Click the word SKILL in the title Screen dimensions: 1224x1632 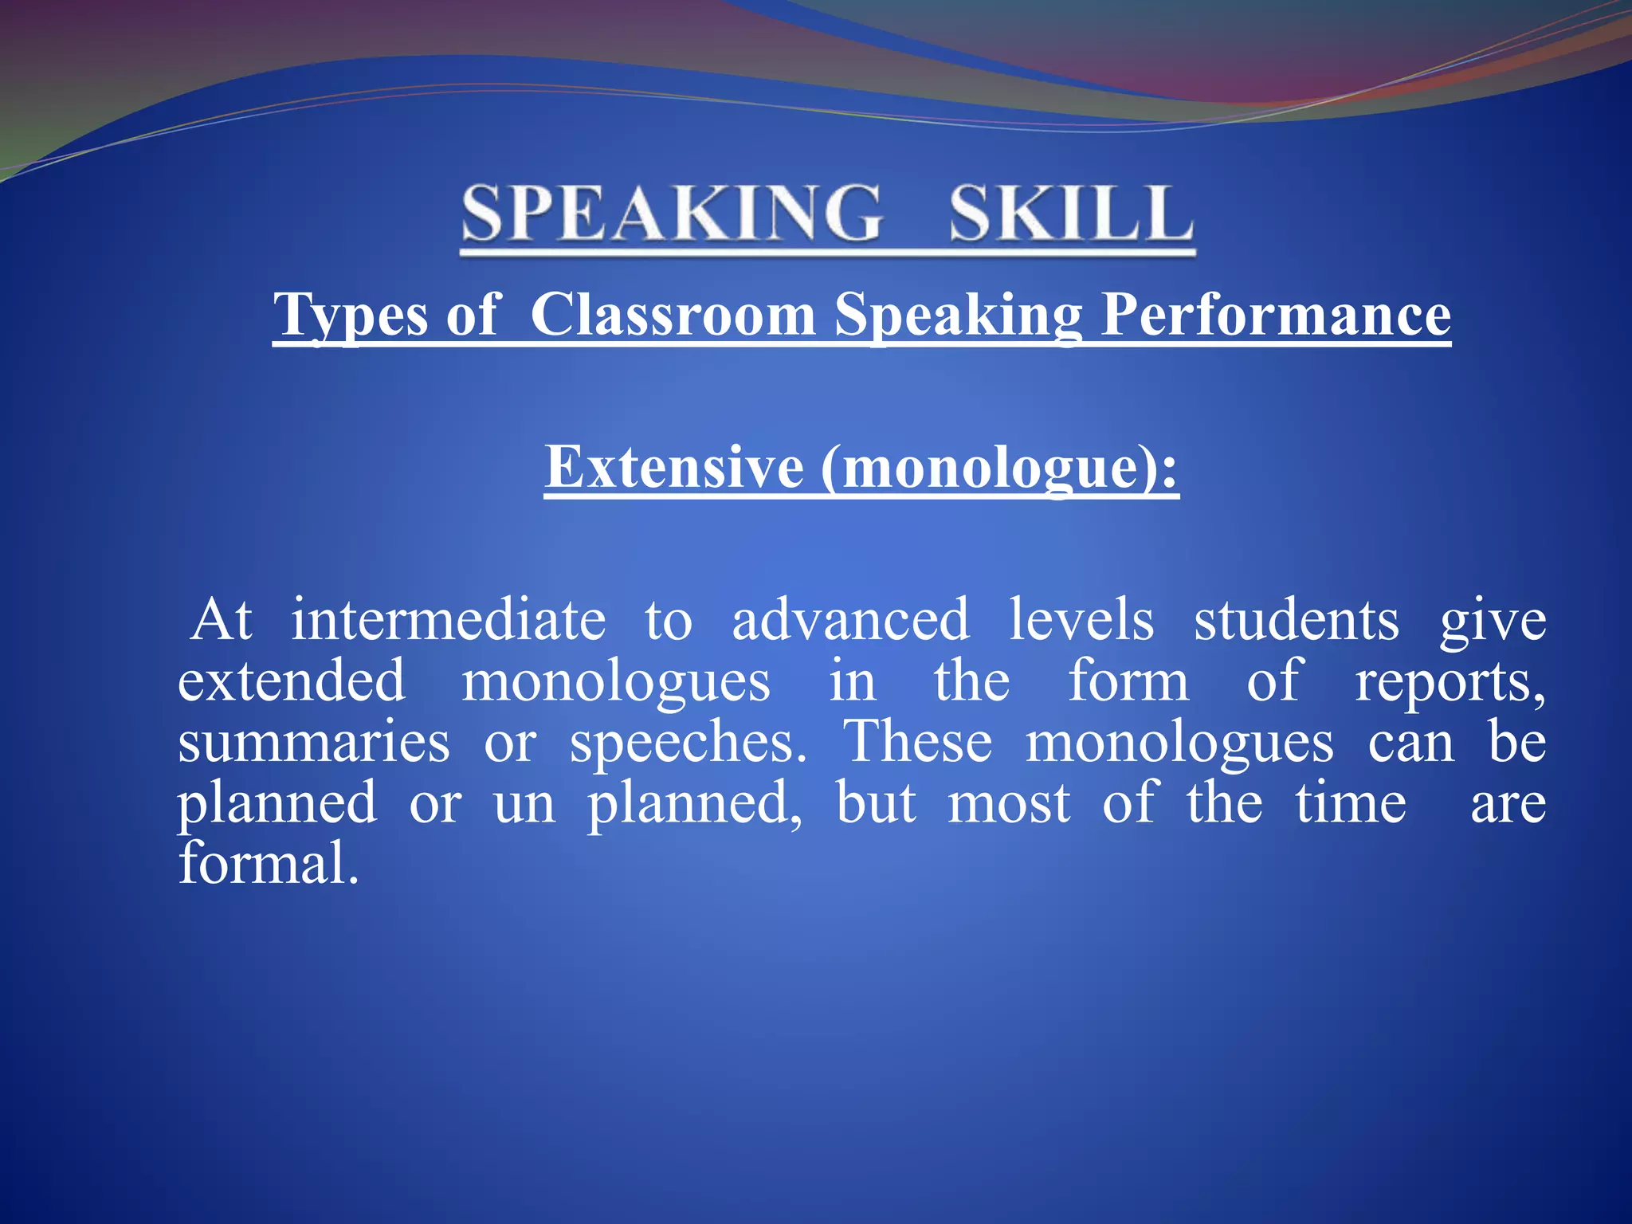pos(1071,213)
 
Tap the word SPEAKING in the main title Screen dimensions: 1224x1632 pos(672,213)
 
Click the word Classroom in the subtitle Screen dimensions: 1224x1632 pos(673,315)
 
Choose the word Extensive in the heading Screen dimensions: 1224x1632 pos(674,466)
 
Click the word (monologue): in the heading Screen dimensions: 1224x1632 pos(999,468)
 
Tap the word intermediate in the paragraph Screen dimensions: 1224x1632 pos(448,620)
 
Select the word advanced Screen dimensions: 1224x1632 pos(850,620)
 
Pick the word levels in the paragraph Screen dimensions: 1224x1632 pos(1081,620)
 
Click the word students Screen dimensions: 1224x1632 pos(1297,620)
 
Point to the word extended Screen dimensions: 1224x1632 pos(292,681)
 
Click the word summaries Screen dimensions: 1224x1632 pos(314,743)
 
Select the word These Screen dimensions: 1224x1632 pos(918,742)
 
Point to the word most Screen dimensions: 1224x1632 pos(1009,803)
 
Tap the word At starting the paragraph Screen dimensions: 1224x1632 pos(222,620)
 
